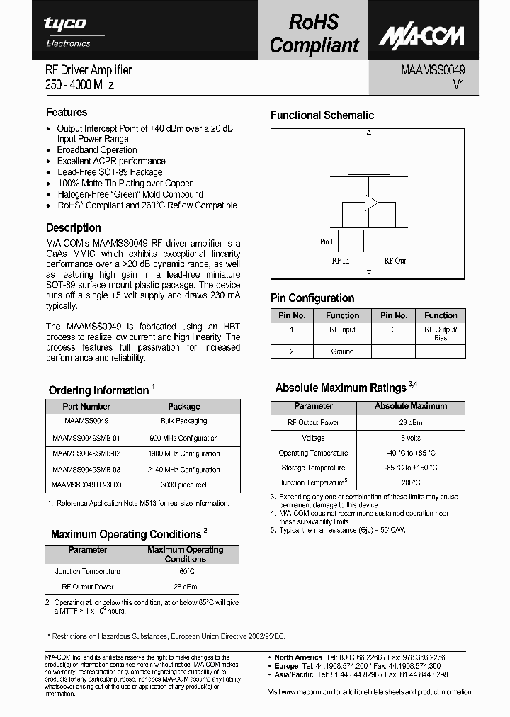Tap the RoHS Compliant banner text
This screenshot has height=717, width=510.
314,33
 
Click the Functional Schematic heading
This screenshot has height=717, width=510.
322,115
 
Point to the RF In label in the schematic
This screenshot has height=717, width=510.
341,261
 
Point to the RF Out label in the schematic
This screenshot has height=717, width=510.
395,261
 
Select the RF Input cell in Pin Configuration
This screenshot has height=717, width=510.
343,330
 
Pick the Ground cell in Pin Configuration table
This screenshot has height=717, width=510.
343,351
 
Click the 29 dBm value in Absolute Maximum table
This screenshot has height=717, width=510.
412,422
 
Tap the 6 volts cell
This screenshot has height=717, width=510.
412,438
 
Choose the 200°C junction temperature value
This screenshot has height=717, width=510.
412,482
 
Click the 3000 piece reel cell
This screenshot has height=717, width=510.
184,485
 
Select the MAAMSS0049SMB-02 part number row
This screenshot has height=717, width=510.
86,453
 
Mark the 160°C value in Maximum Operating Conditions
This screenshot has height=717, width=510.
185,571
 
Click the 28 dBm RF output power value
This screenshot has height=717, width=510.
185,587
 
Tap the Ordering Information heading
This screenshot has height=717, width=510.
98,390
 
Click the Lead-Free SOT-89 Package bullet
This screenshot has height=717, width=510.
110,172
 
